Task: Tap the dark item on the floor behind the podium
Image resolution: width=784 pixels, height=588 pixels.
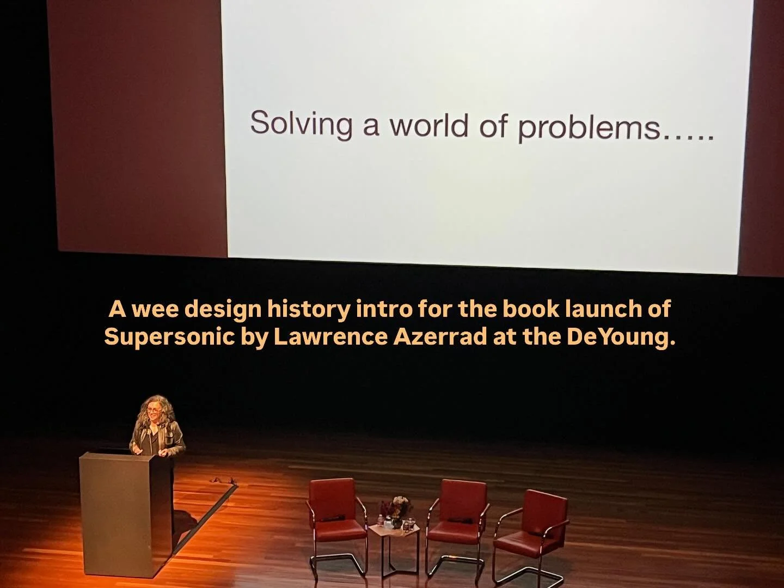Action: tap(223, 480)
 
